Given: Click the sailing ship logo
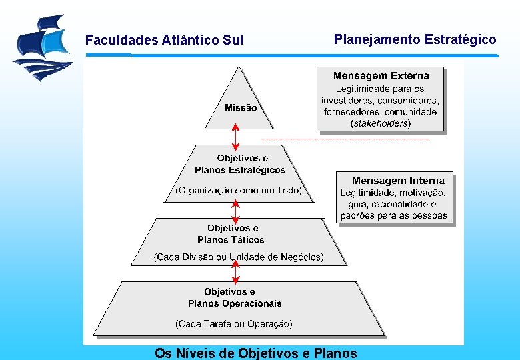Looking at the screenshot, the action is click(x=41, y=47).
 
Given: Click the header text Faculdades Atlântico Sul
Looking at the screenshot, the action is click(x=164, y=40).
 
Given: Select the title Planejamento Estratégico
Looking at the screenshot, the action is click(x=415, y=39).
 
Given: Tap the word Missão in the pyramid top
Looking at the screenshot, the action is click(x=240, y=107).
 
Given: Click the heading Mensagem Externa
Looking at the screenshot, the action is click(x=381, y=76).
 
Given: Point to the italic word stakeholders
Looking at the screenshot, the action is click(x=381, y=123).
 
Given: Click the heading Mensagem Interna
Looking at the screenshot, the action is click(x=398, y=181).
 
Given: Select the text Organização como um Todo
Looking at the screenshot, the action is click(x=239, y=191).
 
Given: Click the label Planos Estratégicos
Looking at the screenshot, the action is click(x=240, y=170).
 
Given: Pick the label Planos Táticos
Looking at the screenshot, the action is click(x=231, y=240).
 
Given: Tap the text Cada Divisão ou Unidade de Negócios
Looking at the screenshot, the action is click(x=239, y=257).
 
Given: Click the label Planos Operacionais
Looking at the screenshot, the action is click(x=235, y=304).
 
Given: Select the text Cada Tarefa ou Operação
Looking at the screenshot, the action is click(x=233, y=324).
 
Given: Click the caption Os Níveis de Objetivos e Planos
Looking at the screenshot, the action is click(x=255, y=353).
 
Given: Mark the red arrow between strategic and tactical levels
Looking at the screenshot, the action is click(x=235, y=210).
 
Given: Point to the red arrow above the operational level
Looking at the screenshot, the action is click(x=235, y=273).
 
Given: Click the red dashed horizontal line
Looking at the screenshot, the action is click(x=345, y=138).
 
